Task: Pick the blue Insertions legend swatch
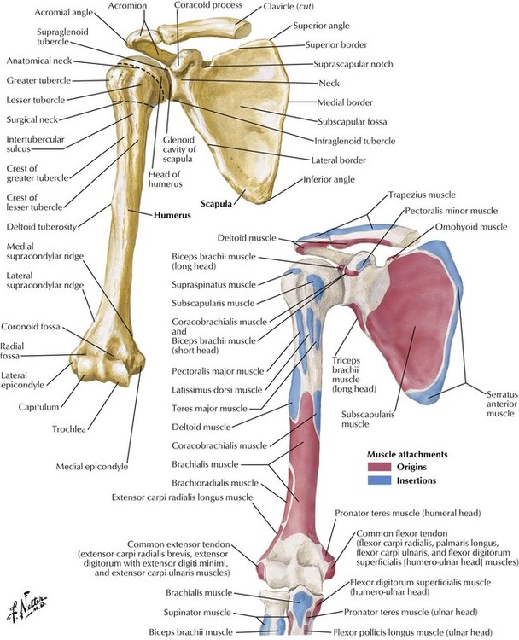tap(376, 481)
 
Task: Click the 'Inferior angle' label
tap(332, 181)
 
